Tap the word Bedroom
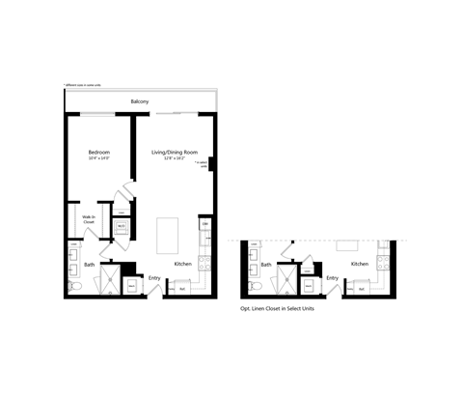[x=99, y=152]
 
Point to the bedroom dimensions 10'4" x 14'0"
[x=99, y=159]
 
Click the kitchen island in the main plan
[x=168, y=235]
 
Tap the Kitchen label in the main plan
[x=183, y=264]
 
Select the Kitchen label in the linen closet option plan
[x=360, y=264]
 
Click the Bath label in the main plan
[x=90, y=264]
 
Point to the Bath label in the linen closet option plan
[x=265, y=264]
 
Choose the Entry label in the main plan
[x=154, y=278]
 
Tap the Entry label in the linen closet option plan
[x=332, y=278]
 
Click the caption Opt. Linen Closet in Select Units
[x=286, y=310]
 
